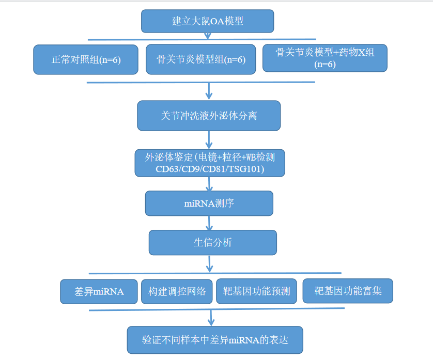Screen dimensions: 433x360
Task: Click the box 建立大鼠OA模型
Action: (x=207, y=21)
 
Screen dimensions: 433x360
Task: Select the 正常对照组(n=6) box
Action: (x=86, y=59)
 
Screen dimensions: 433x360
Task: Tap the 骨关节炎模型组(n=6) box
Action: (x=201, y=59)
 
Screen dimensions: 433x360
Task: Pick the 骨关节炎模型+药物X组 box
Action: (x=324, y=58)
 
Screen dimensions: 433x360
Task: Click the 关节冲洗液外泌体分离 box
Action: (x=209, y=116)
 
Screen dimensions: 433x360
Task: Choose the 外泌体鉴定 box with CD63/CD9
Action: (x=210, y=163)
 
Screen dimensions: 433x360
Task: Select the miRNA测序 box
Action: (x=209, y=204)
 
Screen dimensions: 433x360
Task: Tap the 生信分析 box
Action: (x=213, y=243)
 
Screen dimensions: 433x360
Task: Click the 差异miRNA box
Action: (x=99, y=291)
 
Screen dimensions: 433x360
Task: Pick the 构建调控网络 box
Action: (x=177, y=291)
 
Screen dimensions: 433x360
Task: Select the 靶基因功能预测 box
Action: (x=256, y=291)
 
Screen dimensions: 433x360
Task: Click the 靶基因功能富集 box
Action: (x=348, y=291)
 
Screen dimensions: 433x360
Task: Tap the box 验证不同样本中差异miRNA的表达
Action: (x=215, y=340)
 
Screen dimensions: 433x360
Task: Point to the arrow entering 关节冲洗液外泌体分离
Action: (x=209, y=91)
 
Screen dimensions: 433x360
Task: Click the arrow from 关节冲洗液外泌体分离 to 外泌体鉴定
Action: (x=209, y=140)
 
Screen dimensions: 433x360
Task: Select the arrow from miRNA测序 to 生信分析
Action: (x=209, y=223)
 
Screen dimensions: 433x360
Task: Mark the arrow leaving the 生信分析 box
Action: (x=210, y=264)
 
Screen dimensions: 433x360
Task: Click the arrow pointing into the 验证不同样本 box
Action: (x=211, y=318)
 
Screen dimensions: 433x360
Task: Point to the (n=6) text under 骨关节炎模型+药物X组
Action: (x=325, y=65)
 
